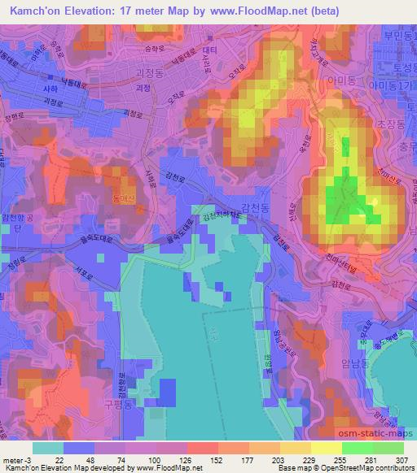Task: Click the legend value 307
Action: (399, 460)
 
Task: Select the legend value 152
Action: (201, 460)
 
